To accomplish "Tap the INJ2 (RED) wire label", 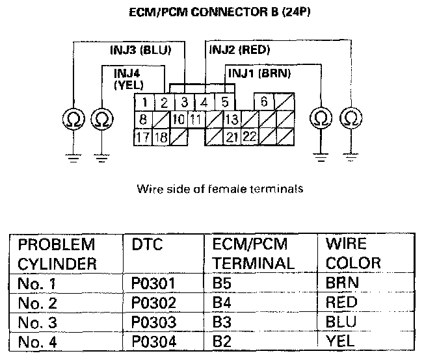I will coord(239,49).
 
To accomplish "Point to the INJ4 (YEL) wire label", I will coord(129,78).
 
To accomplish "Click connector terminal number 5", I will coord(224,102).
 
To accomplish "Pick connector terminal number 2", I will coord(165,102).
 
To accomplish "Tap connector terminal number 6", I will coord(264,102).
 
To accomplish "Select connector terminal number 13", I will coord(231,120).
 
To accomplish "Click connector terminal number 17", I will coord(143,137).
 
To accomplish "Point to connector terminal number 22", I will coord(249,137).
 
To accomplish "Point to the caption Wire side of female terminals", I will coord(218,190).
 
